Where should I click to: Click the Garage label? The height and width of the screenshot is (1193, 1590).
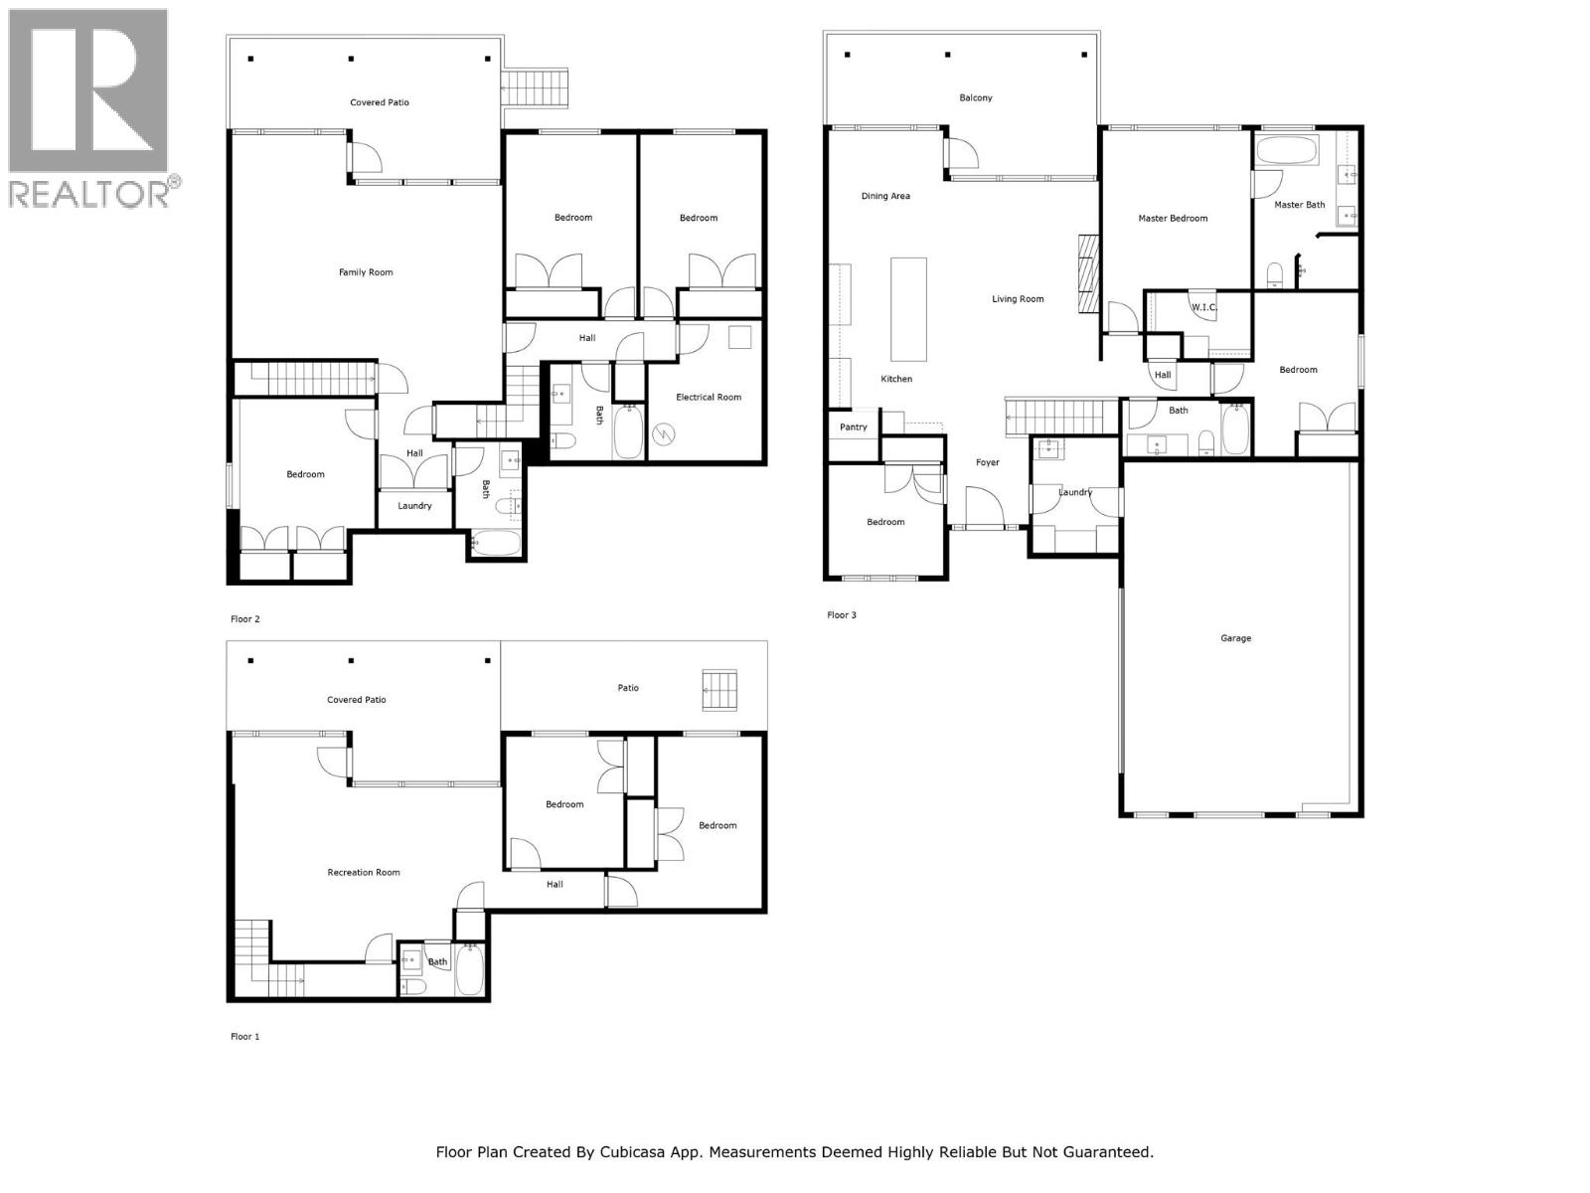[x=1235, y=638]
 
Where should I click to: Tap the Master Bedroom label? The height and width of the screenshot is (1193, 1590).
[x=1173, y=219]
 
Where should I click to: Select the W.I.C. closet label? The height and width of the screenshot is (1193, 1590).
[x=1203, y=307]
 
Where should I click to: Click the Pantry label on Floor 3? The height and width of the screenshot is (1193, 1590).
[x=853, y=427]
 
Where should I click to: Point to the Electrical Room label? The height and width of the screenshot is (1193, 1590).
[x=709, y=398]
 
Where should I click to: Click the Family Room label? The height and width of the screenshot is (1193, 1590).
[x=366, y=272]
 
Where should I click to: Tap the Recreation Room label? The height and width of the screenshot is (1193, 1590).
[x=364, y=873]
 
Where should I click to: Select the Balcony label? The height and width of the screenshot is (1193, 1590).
[x=975, y=97]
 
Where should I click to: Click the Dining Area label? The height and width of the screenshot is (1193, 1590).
[x=884, y=196]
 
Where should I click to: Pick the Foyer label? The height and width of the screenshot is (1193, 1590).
[x=987, y=462]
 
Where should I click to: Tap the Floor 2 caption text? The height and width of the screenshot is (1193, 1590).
[x=245, y=619]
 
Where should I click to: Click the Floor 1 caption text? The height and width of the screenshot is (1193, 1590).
[x=245, y=1037]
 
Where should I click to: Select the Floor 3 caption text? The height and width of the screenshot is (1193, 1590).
[x=842, y=615]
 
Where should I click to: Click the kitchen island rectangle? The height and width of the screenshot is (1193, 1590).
[x=908, y=309]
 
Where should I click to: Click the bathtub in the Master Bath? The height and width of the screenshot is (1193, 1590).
[x=1287, y=151]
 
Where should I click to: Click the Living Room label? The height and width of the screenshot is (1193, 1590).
[x=1018, y=299]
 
